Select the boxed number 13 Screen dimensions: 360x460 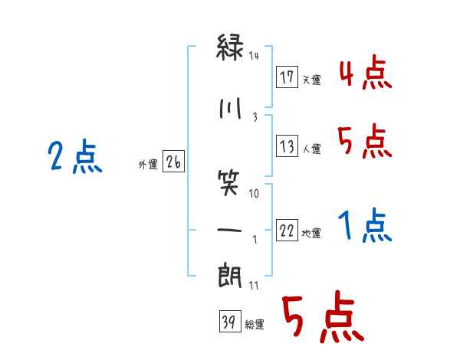pyautogui.click(x=287, y=146)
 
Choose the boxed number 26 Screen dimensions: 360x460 pyautogui.click(x=173, y=162)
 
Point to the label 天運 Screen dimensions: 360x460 pyautogui.click(x=312, y=80)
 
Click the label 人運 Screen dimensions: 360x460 pyautogui.click(x=312, y=149)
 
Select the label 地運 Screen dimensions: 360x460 pyautogui.click(x=312, y=234)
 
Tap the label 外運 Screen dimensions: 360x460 pyautogui.click(x=148, y=165)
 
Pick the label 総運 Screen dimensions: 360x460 pyautogui.click(x=254, y=325)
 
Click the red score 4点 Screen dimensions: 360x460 pyautogui.click(x=364, y=74)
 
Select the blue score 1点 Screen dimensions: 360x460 pyautogui.click(x=364, y=227)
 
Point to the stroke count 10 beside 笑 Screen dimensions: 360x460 pyautogui.click(x=254, y=193)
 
